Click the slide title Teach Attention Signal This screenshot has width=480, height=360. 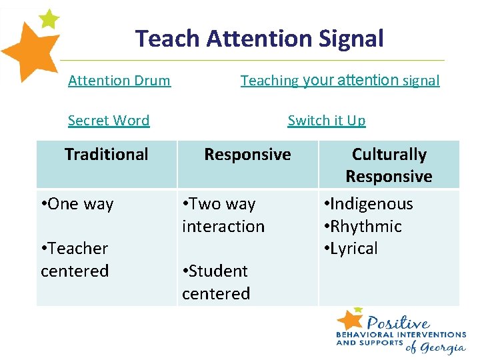pyautogui.click(x=259, y=39)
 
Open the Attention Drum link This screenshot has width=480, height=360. pyautogui.click(x=119, y=81)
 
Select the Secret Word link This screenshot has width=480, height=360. pyautogui.click(x=109, y=121)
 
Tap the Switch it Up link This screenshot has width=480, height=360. pyautogui.click(x=327, y=121)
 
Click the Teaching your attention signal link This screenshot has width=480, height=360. pyautogui.click(x=340, y=81)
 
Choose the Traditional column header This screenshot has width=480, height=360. pyautogui.click(x=107, y=155)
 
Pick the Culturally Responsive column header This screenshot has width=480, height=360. pyautogui.click(x=389, y=165)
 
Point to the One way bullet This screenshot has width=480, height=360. pyautogui.click(x=77, y=204)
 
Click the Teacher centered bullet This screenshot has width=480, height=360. pyautogui.click(x=75, y=259)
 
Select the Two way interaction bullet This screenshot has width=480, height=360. pyautogui.click(x=223, y=215)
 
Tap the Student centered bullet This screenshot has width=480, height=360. pyautogui.click(x=215, y=282)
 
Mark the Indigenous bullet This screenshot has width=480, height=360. pyautogui.click(x=368, y=204)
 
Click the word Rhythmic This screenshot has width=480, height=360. pyautogui.click(x=366, y=227)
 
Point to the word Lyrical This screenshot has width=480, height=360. pyautogui.click(x=354, y=249)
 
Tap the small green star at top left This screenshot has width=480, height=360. pyautogui.click(x=49, y=18)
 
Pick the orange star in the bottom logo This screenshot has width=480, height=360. pyautogui.click(x=350, y=318)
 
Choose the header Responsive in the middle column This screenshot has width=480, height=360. pyautogui.click(x=247, y=155)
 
